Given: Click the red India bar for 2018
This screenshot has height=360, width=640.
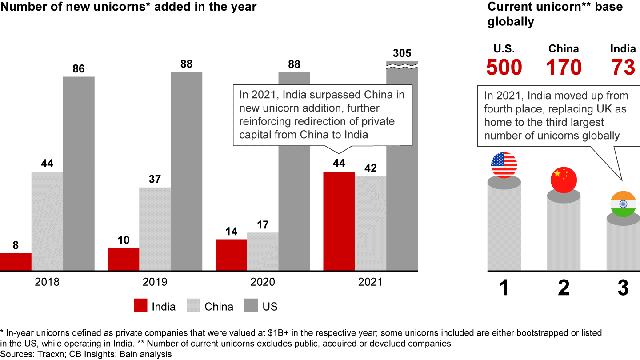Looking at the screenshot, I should tap(16, 262).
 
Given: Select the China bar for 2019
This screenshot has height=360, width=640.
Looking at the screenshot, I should tap(155, 229).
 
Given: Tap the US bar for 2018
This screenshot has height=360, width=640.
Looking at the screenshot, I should tap(79, 173).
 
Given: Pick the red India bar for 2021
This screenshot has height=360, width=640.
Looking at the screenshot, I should tap(339, 221).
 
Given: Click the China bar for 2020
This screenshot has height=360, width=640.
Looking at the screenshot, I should tap(263, 252).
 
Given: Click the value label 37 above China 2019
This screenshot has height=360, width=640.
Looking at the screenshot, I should tap(155, 180).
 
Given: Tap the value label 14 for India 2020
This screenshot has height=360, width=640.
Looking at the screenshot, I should tap(231, 232).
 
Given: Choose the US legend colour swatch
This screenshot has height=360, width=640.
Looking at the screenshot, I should tap(251, 306).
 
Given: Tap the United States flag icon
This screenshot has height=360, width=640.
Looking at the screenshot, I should tap(504, 165).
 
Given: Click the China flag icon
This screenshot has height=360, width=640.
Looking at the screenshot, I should tap(564, 180).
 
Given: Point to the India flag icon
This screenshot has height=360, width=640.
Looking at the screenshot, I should tap(623, 204).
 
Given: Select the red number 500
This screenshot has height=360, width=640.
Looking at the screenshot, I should tap(504, 67).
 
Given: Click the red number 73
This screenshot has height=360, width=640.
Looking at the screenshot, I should tap(623, 67).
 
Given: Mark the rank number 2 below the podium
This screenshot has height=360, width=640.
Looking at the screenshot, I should tap(564, 288).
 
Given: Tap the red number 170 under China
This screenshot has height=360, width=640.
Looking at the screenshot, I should tap(564, 67).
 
